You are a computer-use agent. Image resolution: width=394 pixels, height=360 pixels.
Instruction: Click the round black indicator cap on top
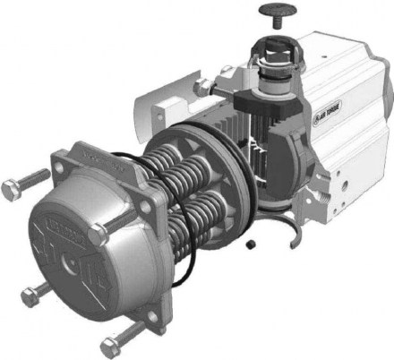pos(270,11)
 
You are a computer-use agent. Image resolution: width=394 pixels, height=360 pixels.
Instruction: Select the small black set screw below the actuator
pos(253,242)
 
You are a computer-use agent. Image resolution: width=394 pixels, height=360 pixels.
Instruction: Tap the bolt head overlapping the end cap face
pos(98,234)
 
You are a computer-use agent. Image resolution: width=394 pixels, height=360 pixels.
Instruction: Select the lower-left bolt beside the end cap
pos(30,291)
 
